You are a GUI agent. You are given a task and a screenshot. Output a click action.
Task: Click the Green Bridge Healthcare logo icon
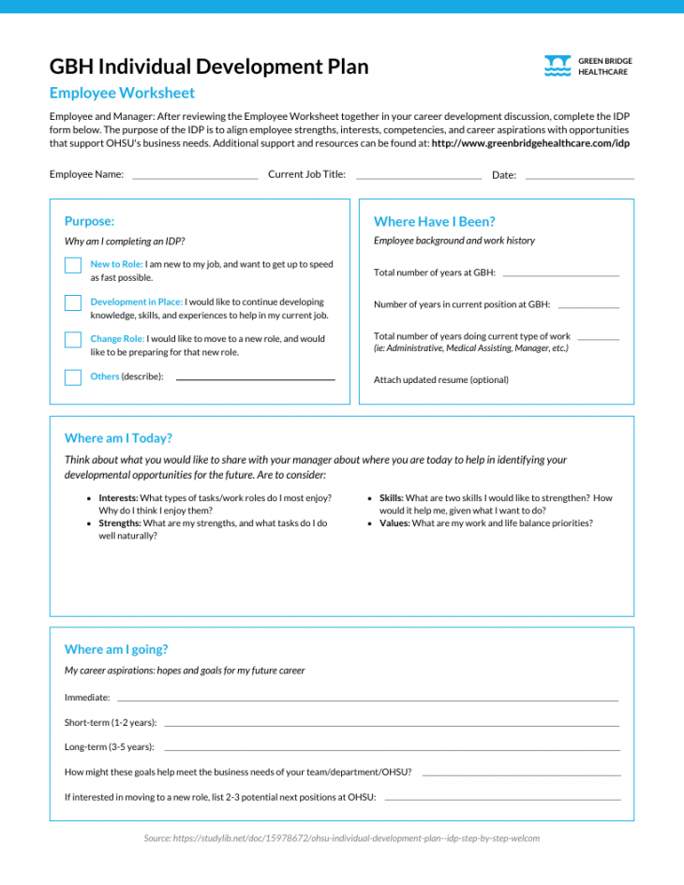[558, 66]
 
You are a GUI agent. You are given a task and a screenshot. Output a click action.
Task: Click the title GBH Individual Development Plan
[209, 66]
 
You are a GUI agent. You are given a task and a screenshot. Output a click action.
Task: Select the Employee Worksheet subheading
[122, 93]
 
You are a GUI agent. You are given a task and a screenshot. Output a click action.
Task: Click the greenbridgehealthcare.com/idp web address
[530, 143]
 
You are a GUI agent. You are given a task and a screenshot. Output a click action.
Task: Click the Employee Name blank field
[195, 175]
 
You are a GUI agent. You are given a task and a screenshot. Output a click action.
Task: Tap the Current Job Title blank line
[418, 175]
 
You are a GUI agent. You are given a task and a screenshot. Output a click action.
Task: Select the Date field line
[579, 175]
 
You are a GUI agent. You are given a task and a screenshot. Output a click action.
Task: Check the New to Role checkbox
[73, 266]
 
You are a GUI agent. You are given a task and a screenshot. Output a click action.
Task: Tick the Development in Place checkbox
[73, 302]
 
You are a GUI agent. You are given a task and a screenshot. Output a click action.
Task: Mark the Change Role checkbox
[73, 340]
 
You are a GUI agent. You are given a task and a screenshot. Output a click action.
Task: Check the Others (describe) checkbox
[73, 377]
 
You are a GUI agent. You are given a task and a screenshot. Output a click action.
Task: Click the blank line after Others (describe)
[255, 377]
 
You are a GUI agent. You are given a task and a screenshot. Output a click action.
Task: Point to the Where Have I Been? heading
[434, 222]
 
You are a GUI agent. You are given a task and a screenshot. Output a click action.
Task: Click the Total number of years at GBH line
[560, 273]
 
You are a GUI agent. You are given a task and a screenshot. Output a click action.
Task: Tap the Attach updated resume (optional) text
[440, 380]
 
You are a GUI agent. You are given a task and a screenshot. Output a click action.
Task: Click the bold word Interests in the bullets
[118, 498]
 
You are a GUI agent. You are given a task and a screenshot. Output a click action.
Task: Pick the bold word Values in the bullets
[394, 524]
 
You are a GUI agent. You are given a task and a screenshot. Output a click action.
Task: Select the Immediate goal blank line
[367, 699]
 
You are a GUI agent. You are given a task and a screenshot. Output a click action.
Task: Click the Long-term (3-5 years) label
[110, 747]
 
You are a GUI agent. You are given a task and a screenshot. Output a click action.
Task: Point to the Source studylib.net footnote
[341, 838]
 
